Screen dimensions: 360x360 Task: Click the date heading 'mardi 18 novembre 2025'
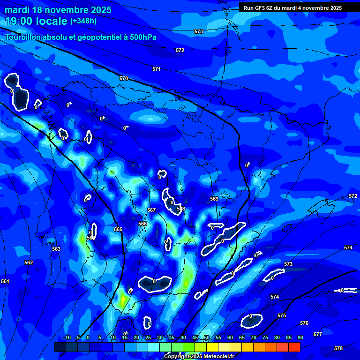58,10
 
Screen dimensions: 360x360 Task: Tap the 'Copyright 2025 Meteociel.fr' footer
199,356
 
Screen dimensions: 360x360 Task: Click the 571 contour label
157,69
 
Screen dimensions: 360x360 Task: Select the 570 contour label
124,78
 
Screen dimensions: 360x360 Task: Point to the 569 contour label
214,199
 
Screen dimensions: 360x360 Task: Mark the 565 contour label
118,229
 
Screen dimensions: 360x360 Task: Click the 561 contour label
5,281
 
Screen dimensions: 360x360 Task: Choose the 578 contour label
338,348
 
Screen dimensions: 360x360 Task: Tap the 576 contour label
304,323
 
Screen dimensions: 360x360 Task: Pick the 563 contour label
56,249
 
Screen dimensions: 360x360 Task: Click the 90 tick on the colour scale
300,337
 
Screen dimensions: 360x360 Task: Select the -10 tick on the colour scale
67,337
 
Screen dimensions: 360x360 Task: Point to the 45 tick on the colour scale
195,337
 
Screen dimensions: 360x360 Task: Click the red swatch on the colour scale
294,347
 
